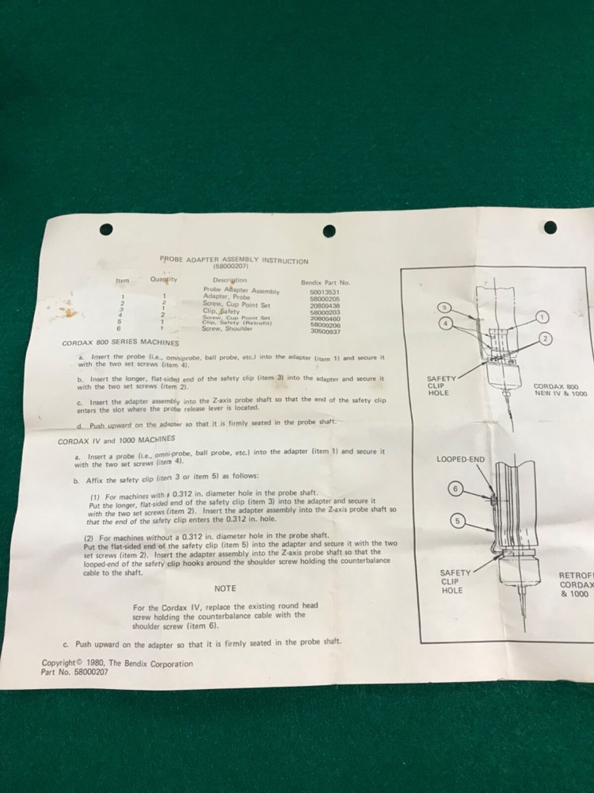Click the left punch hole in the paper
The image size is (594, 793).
tap(106, 230)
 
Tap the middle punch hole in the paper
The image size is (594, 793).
tap(329, 231)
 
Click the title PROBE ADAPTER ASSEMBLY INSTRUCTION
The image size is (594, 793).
tap(234, 260)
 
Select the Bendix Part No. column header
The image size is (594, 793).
tap(325, 282)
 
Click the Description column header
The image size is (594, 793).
tap(230, 280)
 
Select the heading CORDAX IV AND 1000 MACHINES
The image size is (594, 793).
tap(116, 439)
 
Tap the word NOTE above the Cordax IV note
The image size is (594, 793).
tap(225, 588)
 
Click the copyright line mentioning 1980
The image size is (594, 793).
tap(117, 663)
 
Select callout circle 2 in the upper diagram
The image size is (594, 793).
tap(546, 339)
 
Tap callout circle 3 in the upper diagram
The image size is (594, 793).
tap(445, 308)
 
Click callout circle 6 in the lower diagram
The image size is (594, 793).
tap(455, 488)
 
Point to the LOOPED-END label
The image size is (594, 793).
tap(460, 459)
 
